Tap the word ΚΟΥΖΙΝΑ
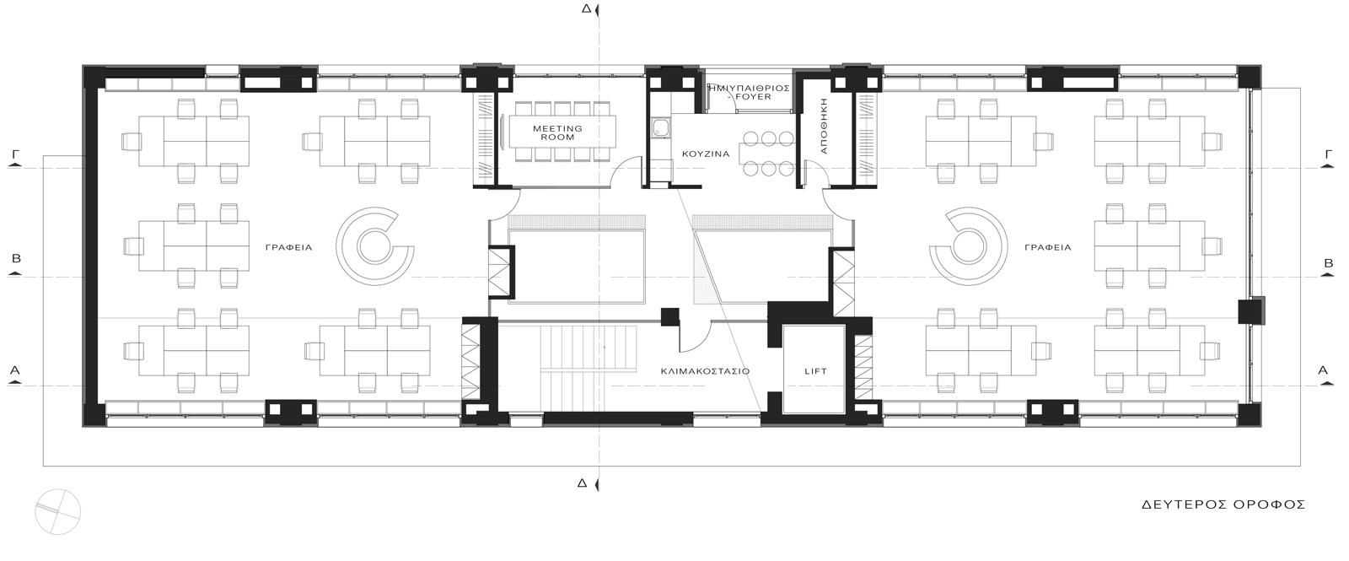[x=706, y=154]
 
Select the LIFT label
[x=816, y=371]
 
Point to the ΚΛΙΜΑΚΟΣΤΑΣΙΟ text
[x=705, y=371]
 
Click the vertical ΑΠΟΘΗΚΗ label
[x=825, y=126]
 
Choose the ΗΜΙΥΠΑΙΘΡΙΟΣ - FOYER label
[x=749, y=92]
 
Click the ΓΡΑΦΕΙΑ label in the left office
[x=289, y=247]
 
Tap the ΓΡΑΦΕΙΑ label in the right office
[x=1049, y=247]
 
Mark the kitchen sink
[x=661, y=128]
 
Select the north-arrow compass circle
[x=58, y=511]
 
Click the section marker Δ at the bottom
[x=582, y=483]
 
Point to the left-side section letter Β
[x=16, y=258]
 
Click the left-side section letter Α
[x=15, y=370]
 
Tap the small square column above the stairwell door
[x=669, y=317]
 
